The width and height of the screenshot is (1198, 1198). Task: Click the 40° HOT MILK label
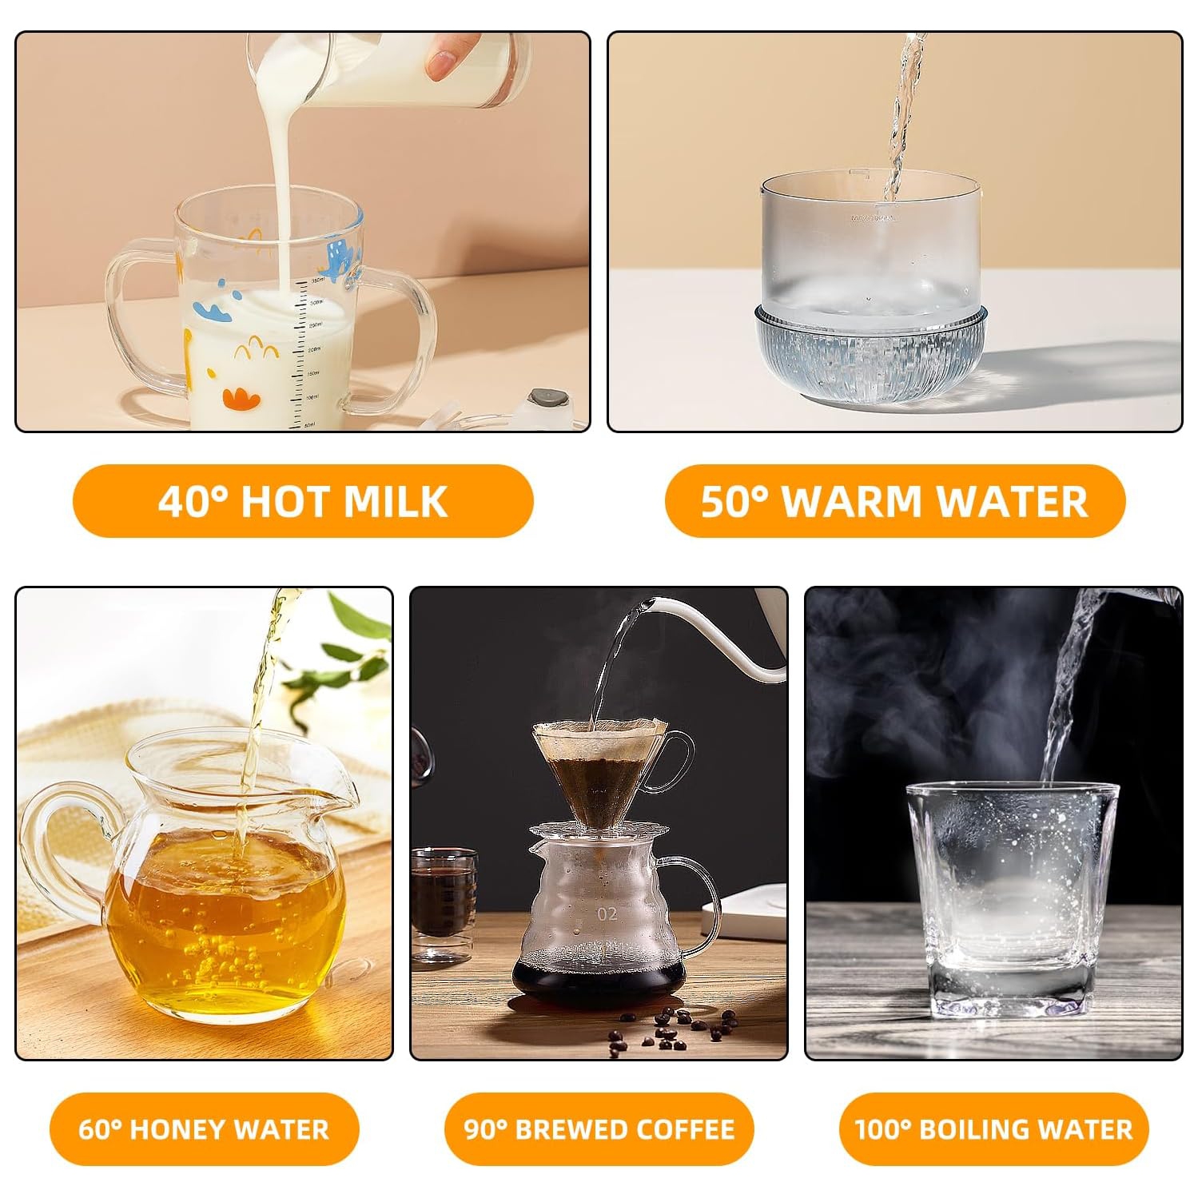pos(302,501)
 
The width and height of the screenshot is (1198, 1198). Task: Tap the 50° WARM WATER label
pos(894,501)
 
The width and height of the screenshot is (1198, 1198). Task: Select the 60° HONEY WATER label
pos(204,1128)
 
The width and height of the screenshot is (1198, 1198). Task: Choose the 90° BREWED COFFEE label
pos(599,1128)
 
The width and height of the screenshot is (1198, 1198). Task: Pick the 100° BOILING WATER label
pos(993,1128)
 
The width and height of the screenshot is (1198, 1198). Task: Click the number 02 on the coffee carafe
pos(607,913)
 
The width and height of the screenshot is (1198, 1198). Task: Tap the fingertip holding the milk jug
pos(441,64)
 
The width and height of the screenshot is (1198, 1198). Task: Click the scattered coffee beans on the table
pos(671,1027)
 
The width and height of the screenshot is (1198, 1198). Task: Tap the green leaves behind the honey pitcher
pos(352,647)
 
